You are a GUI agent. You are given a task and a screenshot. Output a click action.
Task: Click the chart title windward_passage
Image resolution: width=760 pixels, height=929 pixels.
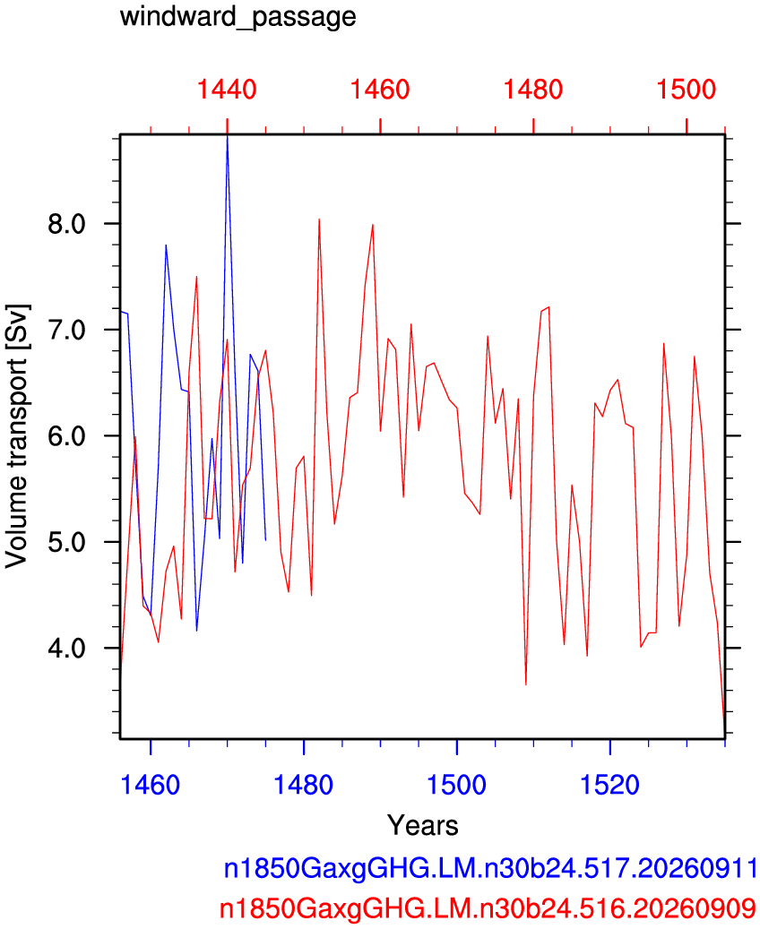[x=237, y=16]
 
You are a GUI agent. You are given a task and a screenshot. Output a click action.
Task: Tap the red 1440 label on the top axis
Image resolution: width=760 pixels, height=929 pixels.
[x=227, y=90]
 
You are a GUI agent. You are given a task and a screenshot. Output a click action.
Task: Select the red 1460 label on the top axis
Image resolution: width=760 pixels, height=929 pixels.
[x=380, y=90]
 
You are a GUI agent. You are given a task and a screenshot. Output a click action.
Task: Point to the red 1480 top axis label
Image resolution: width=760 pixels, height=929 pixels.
[x=533, y=90]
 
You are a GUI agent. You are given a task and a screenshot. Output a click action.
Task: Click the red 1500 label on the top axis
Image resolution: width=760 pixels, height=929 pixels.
[x=687, y=90]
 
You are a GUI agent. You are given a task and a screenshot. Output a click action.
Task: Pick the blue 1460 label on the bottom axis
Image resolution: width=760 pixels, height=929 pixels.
[x=150, y=785]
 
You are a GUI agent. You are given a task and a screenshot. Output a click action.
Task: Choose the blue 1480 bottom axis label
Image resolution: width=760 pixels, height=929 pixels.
[x=303, y=785]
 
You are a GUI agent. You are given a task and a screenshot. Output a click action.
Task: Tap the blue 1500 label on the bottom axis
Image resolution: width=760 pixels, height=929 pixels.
[x=456, y=785]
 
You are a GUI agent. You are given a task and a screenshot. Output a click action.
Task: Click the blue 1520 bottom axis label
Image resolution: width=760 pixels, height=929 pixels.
[x=609, y=785]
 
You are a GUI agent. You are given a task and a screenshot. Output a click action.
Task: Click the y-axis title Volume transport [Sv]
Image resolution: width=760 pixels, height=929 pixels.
[x=17, y=436]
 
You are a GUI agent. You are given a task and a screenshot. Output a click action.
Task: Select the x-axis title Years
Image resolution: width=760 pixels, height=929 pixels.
[x=423, y=825]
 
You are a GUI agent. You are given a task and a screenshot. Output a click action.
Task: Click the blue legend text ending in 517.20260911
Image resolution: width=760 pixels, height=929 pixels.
[x=490, y=869]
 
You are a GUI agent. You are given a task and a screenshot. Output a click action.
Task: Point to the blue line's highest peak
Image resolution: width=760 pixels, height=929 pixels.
[x=227, y=136]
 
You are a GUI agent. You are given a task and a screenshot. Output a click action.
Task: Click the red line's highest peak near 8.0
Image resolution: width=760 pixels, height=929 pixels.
[x=319, y=219]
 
